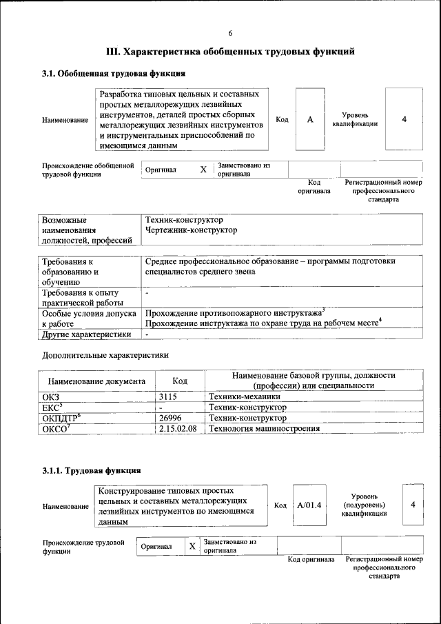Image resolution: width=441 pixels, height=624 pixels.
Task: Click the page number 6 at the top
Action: tap(230, 34)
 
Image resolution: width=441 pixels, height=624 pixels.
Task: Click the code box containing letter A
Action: tap(310, 120)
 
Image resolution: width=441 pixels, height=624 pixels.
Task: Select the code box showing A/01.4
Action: tap(309, 505)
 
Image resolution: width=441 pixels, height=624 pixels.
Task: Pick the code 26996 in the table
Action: tap(171, 418)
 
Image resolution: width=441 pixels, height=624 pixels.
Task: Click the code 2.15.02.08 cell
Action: tap(178, 428)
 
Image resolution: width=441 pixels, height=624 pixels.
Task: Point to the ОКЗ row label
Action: tap(51, 397)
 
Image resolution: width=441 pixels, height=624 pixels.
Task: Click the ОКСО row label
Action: tap(56, 428)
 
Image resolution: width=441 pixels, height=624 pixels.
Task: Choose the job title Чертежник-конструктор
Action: tap(192, 230)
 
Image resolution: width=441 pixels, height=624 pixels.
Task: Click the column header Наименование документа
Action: tap(96, 381)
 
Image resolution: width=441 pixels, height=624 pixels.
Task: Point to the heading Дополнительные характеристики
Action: tap(105, 355)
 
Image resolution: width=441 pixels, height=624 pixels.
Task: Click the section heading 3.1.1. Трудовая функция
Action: tap(92, 471)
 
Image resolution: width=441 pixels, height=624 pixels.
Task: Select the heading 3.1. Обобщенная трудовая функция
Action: tap(114, 72)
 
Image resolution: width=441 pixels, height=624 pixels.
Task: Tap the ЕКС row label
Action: tap(52, 407)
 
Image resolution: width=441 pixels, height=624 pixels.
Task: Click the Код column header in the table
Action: tap(180, 381)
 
